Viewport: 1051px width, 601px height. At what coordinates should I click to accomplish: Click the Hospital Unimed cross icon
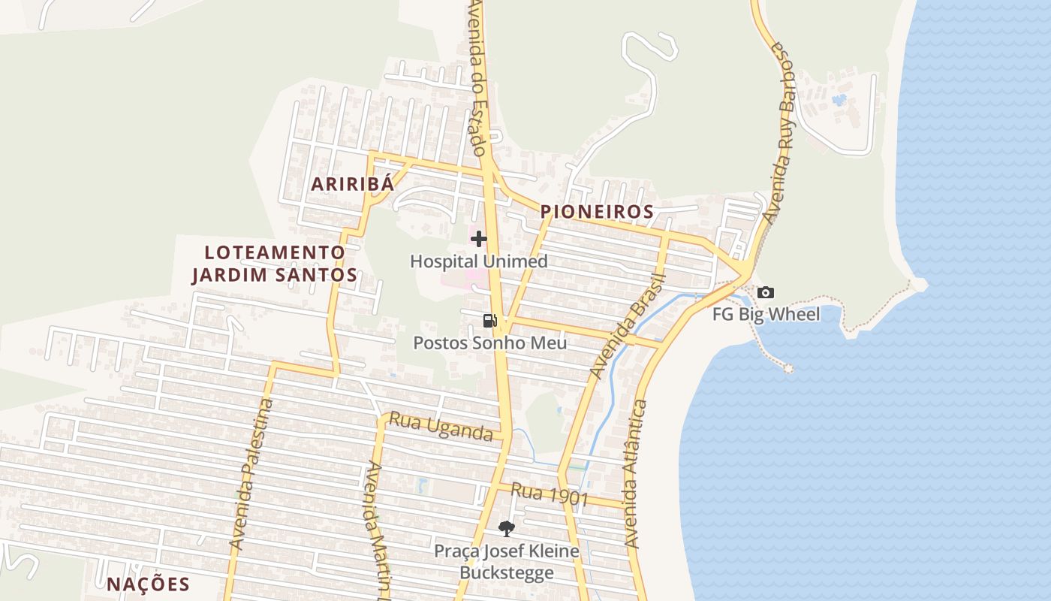[479, 239]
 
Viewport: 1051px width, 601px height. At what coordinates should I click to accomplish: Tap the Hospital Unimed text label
[479, 261]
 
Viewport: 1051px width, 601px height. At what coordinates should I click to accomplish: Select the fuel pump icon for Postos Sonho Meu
[489, 321]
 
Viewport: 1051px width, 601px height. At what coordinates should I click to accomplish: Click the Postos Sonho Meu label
[490, 343]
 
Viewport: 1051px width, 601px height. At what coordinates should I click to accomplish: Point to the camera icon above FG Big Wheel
[765, 292]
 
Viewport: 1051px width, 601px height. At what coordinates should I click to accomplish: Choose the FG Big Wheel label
[766, 314]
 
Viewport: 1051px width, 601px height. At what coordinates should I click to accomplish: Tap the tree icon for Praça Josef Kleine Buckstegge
[507, 528]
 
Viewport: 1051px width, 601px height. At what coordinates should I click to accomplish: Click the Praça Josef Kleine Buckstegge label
[507, 562]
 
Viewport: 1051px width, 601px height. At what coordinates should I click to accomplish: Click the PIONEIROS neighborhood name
[598, 212]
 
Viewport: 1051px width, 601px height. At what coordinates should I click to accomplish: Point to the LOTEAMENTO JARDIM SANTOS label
[275, 264]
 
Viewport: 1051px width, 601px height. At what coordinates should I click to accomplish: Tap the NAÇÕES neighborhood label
[148, 584]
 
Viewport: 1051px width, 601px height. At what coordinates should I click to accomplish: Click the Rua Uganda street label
[441, 428]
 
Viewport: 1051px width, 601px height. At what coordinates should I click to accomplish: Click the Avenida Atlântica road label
[635, 473]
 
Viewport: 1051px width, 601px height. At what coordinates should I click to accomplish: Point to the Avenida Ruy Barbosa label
[780, 131]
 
